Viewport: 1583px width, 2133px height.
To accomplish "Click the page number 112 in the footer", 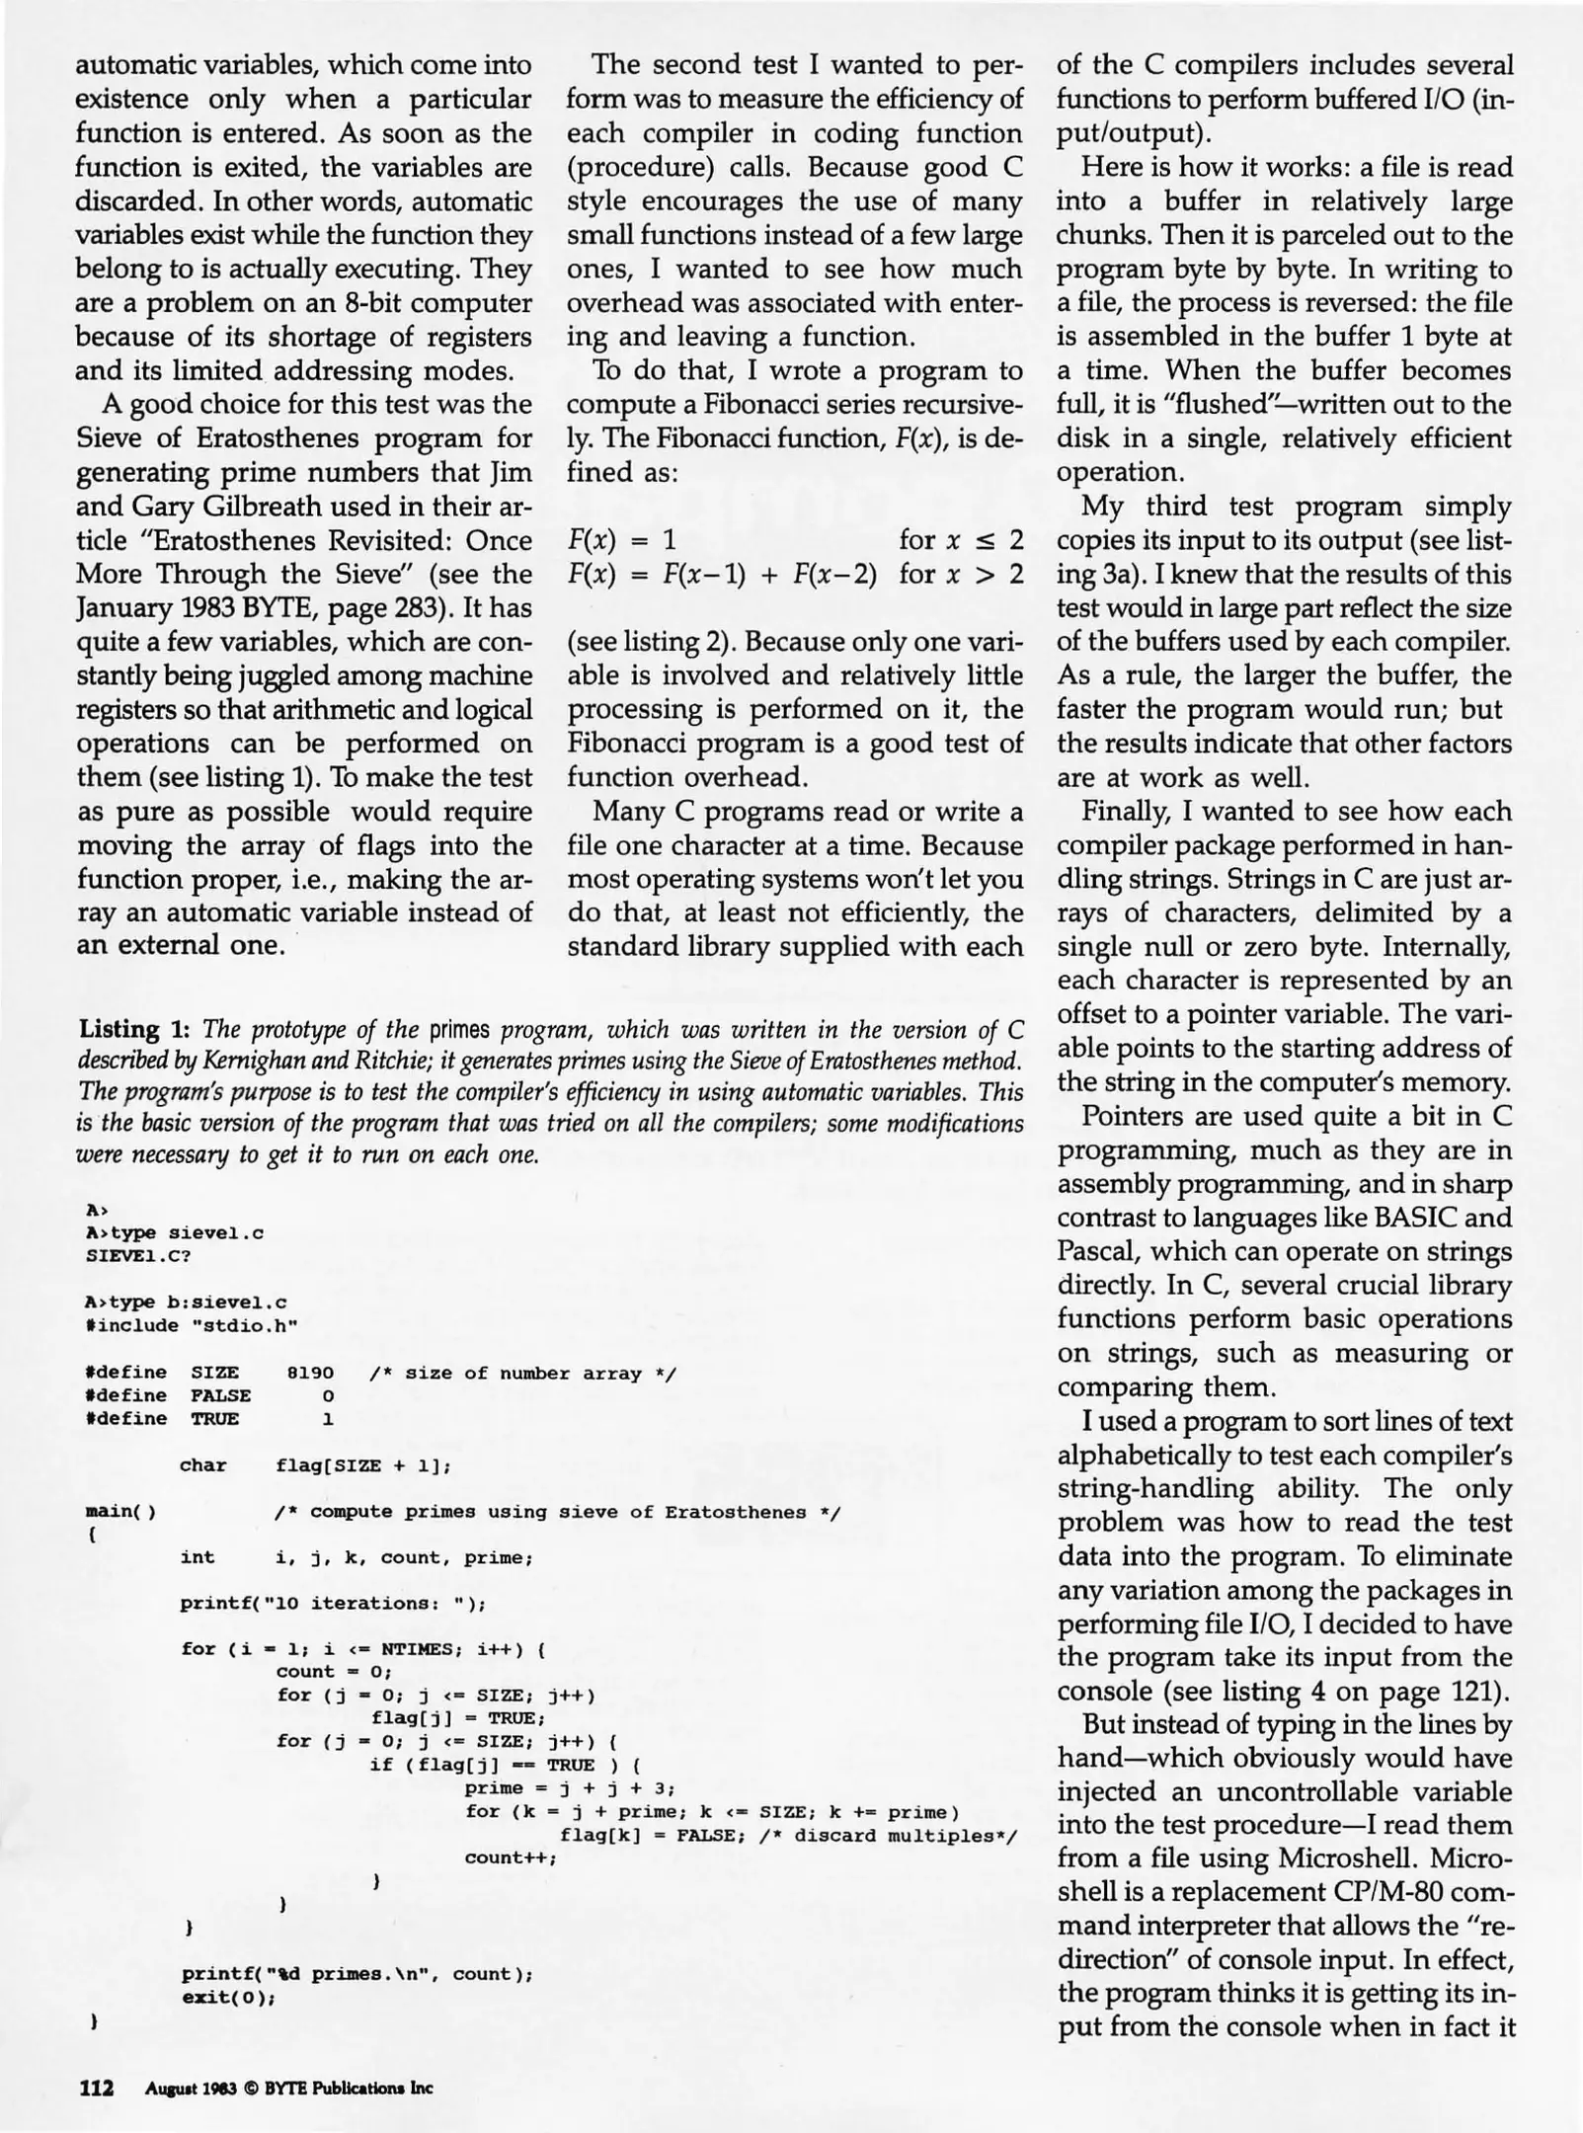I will [96, 2088].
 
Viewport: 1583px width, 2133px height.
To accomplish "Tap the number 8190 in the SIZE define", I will [310, 1374].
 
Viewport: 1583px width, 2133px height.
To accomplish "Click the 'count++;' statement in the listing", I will [511, 1857].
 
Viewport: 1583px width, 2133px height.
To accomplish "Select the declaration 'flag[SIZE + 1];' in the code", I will [362, 1466].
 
